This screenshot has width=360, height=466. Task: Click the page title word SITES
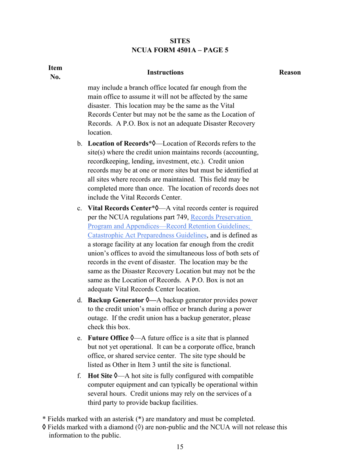(180, 41)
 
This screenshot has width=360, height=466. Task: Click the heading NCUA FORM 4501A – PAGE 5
(180, 50)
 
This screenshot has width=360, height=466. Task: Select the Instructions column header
(165, 72)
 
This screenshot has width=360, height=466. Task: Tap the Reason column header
(290, 72)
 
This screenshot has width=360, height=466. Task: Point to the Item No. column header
(55, 72)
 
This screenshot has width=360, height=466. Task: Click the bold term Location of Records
(117, 144)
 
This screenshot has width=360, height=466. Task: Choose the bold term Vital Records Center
(119, 208)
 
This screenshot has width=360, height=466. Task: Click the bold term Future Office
(108, 338)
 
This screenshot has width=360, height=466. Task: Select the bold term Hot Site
(100, 376)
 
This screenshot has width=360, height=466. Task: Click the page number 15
(180, 447)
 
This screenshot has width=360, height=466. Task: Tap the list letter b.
(80, 144)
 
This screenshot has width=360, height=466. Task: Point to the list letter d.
(80, 300)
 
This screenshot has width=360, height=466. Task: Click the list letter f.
(79, 376)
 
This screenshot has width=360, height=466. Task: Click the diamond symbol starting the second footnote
(44, 427)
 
